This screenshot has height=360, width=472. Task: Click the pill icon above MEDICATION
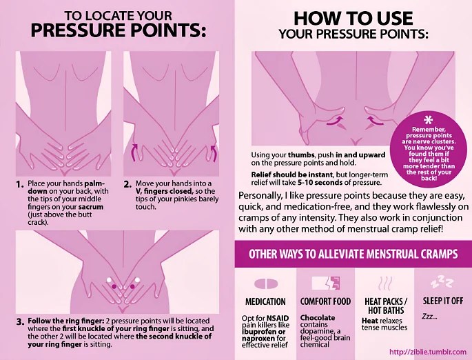pyautogui.click(x=266, y=283)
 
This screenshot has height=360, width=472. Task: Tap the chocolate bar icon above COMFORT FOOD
pyautogui.click(x=326, y=283)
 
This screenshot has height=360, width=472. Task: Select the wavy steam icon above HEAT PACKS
pyautogui.click(x=385, y=283)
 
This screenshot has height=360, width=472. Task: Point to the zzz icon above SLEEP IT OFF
pyautogui.click(x=442, y=282)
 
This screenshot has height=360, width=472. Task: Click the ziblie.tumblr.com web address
pyautogui.click(x=428, y=352)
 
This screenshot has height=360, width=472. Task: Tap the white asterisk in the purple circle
pyautogui.click(x=428, y=121)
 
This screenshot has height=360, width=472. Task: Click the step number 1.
pyautogui.click(x=20, y=184)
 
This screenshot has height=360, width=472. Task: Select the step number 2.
pyautogui.click(x=127, y=184)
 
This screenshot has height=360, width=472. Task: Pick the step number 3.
pyautogui.click(x=20, y=322)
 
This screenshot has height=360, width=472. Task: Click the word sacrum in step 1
pyautogui.click(x=91, y=208)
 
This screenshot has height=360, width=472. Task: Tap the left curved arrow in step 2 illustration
pyautogui.click(x=134, y=152)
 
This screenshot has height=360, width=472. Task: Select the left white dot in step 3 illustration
pyautogui.click(x=109, y=280)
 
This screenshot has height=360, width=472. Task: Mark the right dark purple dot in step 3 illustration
pyautogui.click(x=132, y=286)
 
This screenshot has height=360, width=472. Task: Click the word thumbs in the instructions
pyautogui.click(x=301, y=155)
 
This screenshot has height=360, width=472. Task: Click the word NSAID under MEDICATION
pyautogui.click(x=278, y=319)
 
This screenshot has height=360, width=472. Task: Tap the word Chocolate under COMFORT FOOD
pyautogui.click(x=317, y=318)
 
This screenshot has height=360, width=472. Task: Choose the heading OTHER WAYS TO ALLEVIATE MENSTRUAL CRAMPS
pyautogui.click(x=353, y=254)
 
